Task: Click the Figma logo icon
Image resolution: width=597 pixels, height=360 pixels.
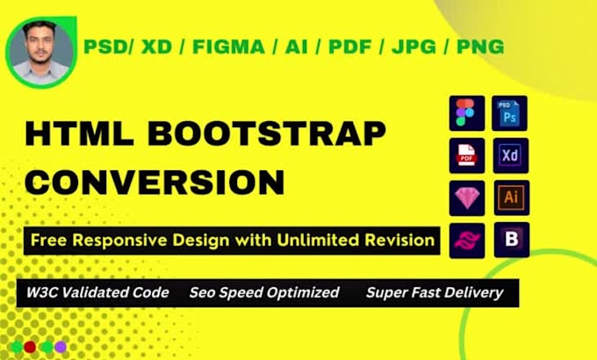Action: coord(466,114)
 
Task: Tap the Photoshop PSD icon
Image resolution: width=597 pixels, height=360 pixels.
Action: coord(510,114)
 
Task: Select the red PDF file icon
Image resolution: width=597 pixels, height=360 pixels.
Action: coord(466,156)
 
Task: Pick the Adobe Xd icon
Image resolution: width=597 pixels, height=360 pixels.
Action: coord(510,156)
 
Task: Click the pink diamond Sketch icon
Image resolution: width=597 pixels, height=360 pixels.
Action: coord(466,198)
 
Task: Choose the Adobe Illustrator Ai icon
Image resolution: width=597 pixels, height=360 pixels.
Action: coord(510,198)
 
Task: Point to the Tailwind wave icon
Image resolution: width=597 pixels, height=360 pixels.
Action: coord(466,240)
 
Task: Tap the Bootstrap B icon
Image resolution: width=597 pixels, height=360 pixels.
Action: coord(510,240)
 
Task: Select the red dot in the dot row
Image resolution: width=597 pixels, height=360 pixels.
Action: coord(30,347)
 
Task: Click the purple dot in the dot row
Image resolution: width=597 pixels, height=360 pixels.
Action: coord(60,347)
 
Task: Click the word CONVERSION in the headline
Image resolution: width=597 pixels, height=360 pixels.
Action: coord(153,183)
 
